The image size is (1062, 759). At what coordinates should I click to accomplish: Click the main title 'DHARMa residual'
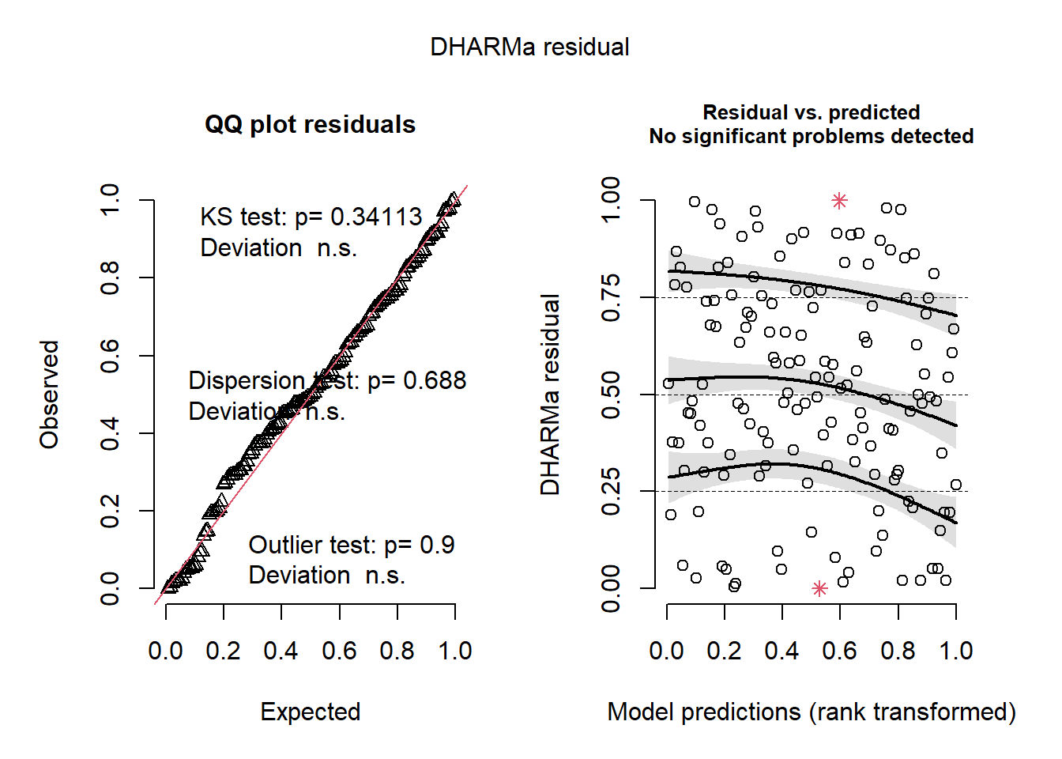[529, 47]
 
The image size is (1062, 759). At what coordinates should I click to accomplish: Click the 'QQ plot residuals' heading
[310, 125]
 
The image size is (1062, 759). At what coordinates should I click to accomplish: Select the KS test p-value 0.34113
[376, 217]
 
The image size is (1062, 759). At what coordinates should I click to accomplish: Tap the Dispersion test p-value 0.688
[435, 381]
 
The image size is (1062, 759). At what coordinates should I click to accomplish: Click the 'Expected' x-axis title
[310, 712]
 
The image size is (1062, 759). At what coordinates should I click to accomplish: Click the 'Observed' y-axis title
[49, 394]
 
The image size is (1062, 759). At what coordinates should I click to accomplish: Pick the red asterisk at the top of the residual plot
[839, 201]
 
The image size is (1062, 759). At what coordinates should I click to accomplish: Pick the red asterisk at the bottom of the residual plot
[820, 588]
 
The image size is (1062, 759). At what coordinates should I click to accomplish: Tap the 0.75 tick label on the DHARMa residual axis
[611, 298]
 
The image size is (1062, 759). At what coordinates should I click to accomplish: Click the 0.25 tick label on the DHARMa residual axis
[611, 492]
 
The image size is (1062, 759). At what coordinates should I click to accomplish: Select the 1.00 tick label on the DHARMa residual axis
[611, 201]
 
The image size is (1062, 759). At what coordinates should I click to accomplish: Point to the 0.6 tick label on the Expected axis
[339, 651]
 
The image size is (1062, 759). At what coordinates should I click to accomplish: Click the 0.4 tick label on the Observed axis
[110, 433]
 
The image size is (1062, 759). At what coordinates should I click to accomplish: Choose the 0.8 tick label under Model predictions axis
[898, 651]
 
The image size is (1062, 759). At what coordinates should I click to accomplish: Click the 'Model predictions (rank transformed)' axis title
[811, 712]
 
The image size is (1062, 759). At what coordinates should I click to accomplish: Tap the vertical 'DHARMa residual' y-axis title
[550, 394]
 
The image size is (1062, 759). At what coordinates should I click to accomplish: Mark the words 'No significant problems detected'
[811, 136]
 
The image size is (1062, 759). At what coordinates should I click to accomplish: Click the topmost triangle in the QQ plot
[453, 199]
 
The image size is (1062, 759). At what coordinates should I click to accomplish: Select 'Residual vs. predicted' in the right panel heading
[811, 112]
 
